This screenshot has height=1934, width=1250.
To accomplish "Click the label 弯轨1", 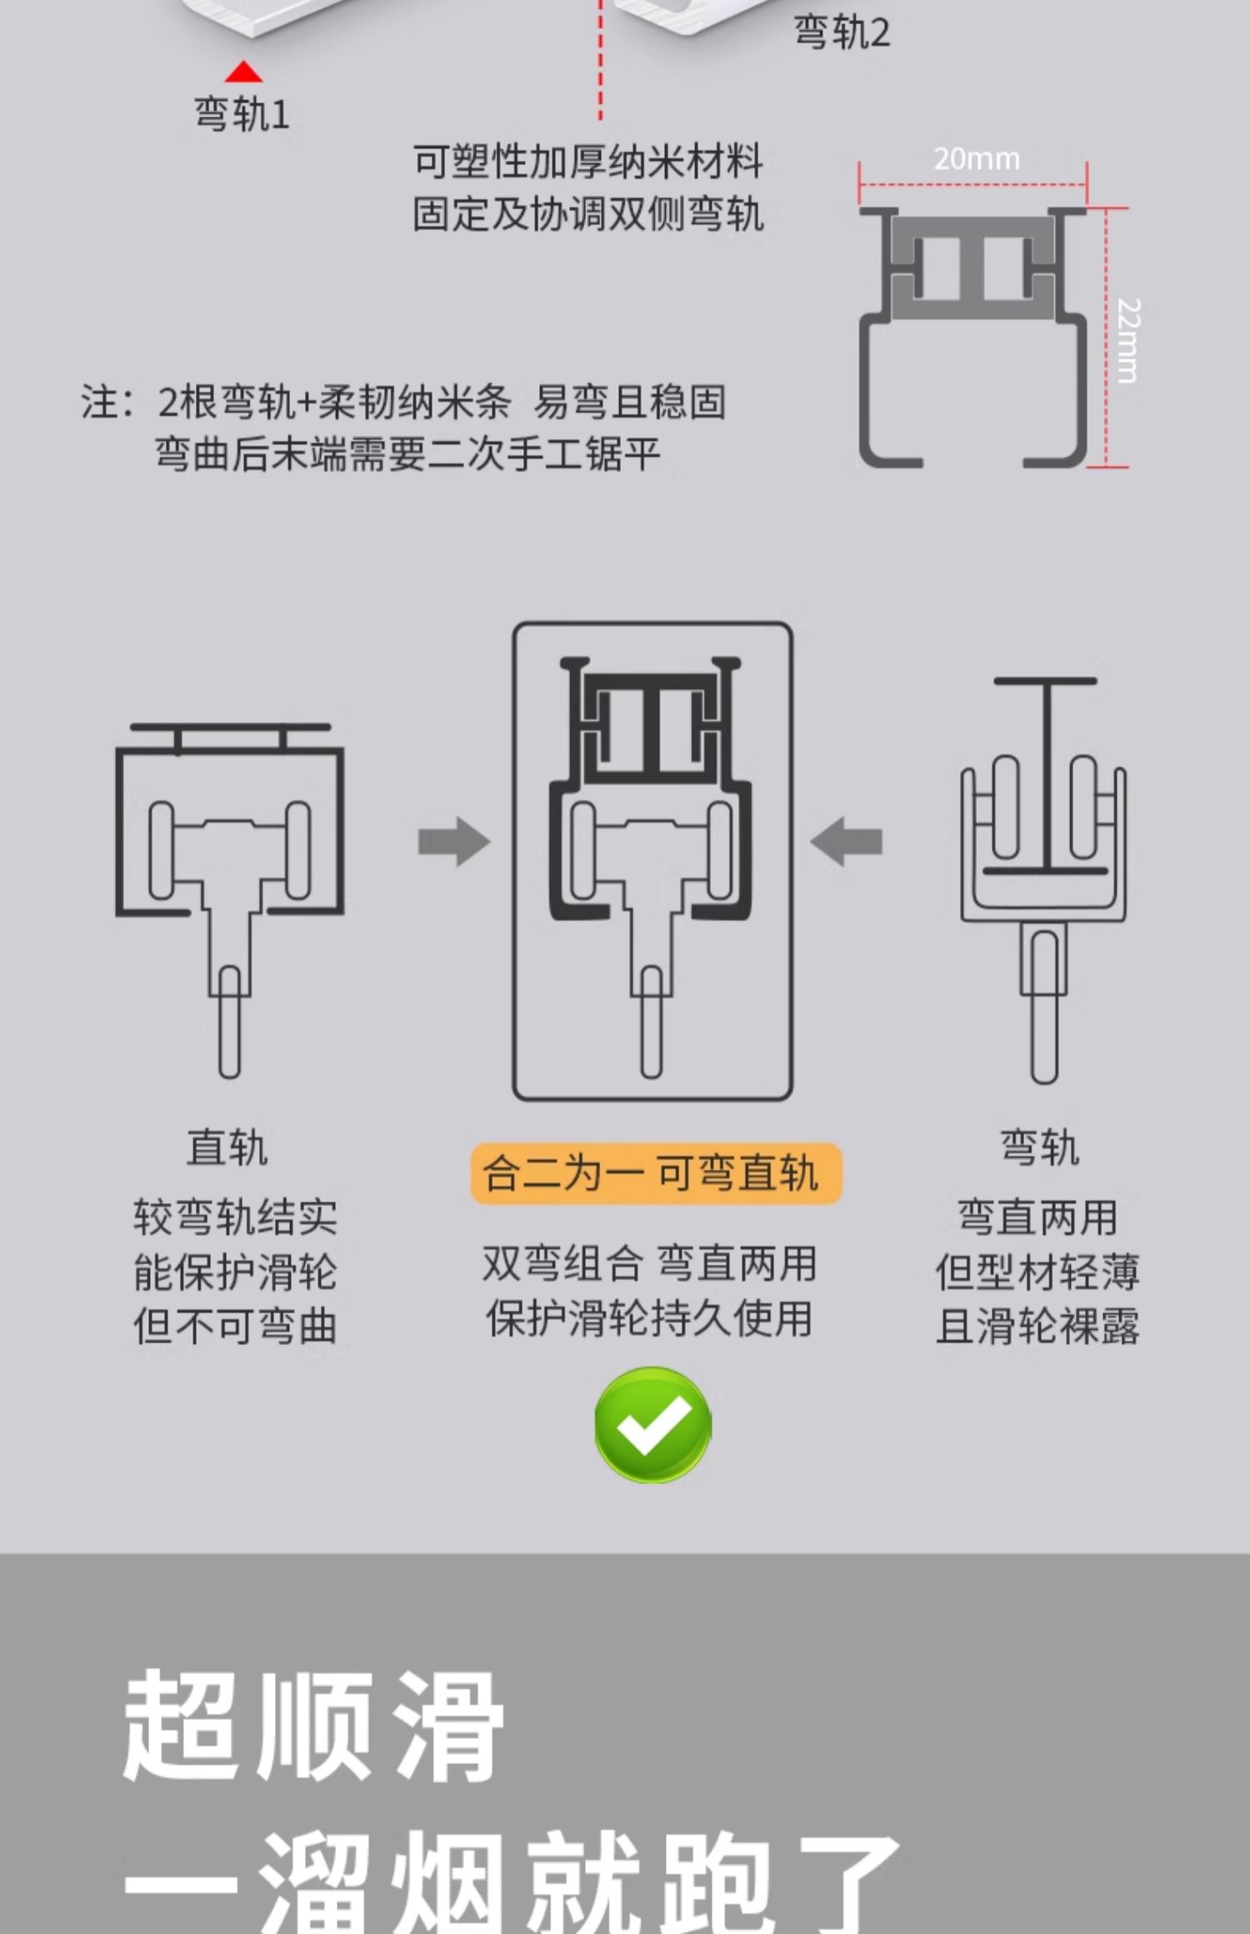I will (x=242, y=114).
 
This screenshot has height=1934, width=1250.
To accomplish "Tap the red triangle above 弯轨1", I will (x=243, y=72).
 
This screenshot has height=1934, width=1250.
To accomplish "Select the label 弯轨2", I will (x=841, y=33).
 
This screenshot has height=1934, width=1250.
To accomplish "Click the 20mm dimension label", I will (x=976, y=158).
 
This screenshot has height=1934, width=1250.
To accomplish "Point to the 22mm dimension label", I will (x=1127, y=340).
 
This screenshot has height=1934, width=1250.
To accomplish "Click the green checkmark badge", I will (x=652, y=1425).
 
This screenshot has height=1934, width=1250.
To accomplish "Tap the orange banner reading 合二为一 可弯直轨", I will (x=656, y=1174).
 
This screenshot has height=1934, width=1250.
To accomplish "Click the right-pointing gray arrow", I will (x=453, y=841).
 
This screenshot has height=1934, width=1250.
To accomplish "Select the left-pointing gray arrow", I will (x=847, y=841).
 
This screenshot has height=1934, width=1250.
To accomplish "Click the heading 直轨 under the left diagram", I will (x=227, y=1148).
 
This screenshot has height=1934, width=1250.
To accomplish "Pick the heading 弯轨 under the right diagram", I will (x=1039, y=1148).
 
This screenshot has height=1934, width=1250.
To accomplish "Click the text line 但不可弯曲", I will (x=235, y=1326).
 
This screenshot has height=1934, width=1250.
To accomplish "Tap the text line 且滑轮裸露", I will (x=1037, y=1326).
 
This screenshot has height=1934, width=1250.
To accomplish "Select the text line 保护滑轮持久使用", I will (x=649, y=1318).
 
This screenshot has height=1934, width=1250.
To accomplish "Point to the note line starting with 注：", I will (x=403, y=402).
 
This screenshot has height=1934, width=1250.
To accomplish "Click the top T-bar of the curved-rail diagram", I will (x=1044, y=681).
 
